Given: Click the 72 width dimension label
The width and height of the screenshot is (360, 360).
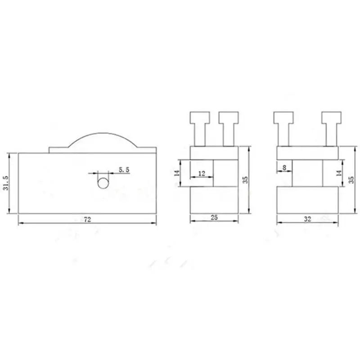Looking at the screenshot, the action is click(x=87, y=220).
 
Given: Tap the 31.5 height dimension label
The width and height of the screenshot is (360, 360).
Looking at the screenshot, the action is click(x=6, y=183).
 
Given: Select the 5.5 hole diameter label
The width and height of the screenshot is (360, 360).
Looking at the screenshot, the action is click(x=124, y=170).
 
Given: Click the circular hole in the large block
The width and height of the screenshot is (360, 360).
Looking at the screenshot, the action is click(x=103, y=183).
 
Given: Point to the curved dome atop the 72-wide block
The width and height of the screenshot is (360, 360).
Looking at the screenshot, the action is click(x=103, y=133).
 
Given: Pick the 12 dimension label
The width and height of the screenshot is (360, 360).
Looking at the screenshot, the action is click(x=202, y=174).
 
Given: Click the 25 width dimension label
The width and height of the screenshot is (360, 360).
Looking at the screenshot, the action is click(x=214, y=217).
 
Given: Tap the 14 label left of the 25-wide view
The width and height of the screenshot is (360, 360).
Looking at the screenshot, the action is click(x=177, y=173).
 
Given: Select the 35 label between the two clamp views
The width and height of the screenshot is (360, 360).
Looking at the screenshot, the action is click(x=245, y=180).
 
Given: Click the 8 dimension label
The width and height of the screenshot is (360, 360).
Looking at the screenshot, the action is click(x=284, y=168).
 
